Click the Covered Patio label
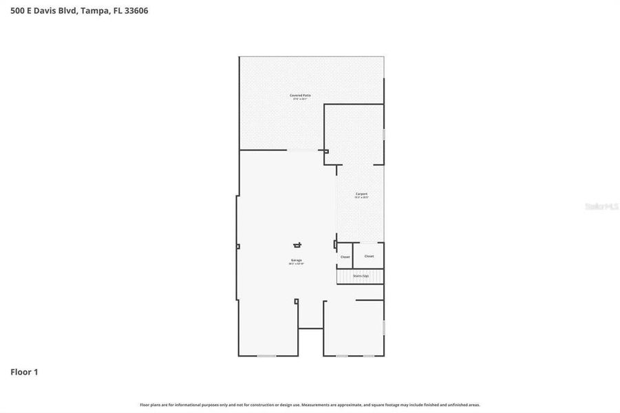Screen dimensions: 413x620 [300, 95]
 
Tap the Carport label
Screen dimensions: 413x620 [361, 194]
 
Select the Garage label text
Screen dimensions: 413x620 [296, 260]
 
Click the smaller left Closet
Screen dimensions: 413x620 [345, 256]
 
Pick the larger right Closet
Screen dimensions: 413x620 [369, 255]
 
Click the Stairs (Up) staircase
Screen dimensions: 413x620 [360, 276]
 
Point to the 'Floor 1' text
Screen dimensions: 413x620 [24, 372]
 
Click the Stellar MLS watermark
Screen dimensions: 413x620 [600, 206]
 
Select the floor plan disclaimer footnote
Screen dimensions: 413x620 [310, 405]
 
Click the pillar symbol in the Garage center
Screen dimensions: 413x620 [297, 244]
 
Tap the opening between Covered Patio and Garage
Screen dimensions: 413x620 [303, 150]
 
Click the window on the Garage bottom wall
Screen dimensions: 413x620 [266, 355]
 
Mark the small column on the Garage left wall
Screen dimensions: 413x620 [237, 246]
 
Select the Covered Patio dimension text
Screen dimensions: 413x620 [300, 99]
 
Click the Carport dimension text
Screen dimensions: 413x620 [361, 198]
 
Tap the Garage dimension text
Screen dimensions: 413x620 [296, 264]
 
